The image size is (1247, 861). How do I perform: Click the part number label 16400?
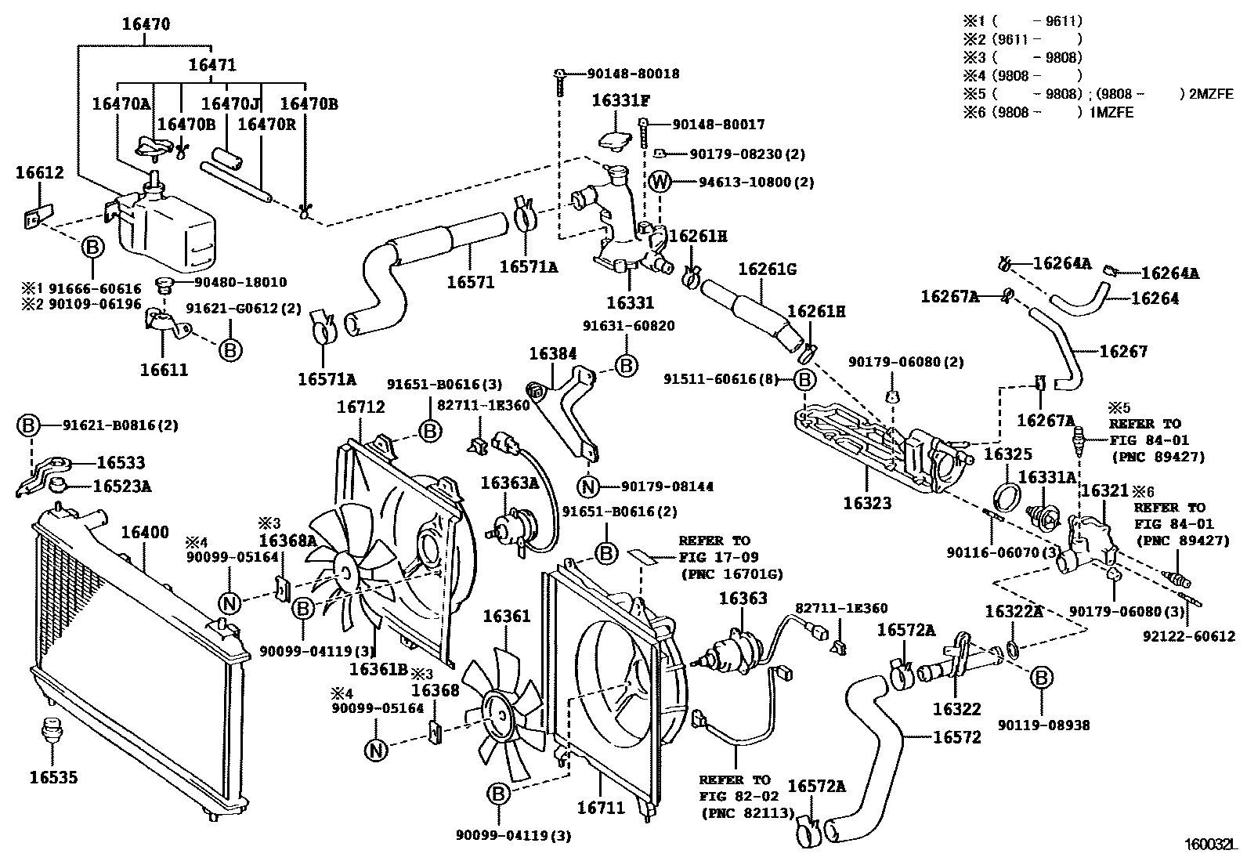(144, 533)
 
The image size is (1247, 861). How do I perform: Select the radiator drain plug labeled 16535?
(52, 726)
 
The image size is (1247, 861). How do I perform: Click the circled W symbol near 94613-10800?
(660, 183)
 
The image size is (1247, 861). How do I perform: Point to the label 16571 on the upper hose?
(471, 282)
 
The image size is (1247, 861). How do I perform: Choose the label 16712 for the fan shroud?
(360, 407)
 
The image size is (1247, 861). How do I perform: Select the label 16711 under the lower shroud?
(601, 807)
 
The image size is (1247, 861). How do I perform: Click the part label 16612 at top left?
(40, 173)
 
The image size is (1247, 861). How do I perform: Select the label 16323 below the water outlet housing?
(867, 503)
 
